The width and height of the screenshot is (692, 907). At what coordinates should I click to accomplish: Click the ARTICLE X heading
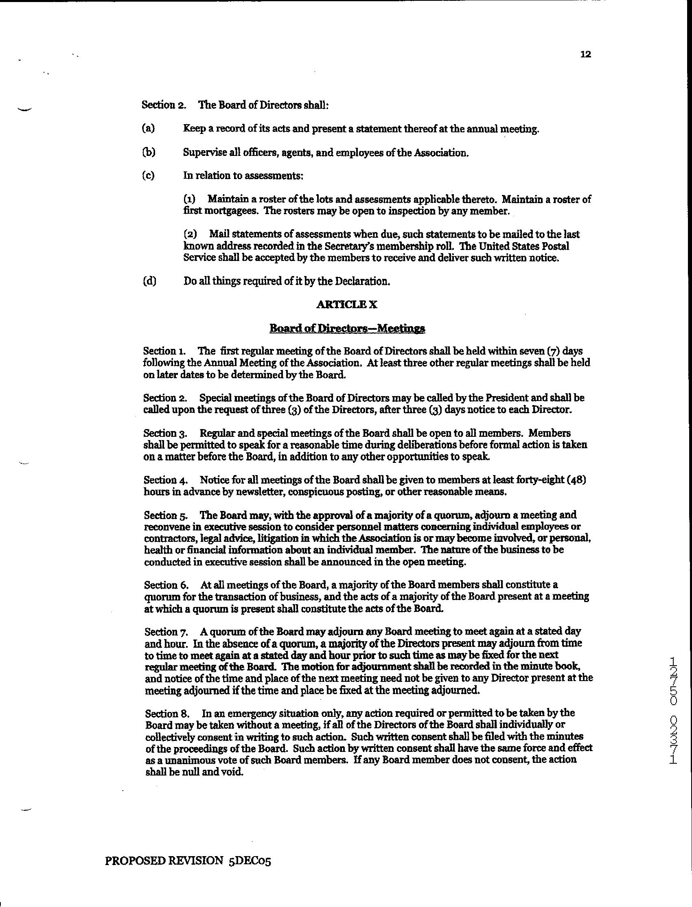tap(346, 305)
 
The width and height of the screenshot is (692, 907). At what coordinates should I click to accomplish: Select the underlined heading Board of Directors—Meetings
tap(347, 328)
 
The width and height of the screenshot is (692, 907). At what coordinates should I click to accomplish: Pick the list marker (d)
tap(149, 281)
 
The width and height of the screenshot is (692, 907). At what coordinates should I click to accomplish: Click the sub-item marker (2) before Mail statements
tap(190, 234)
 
